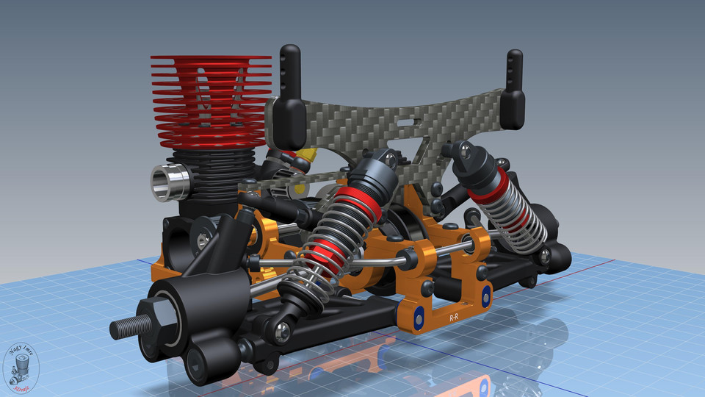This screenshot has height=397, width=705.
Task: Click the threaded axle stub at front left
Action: (x=123, y=327)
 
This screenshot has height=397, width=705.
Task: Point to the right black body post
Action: (x=514, y=88)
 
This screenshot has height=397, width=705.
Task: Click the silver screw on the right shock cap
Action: (x=464, y=150)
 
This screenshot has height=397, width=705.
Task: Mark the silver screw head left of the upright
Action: (x=202, y=239)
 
